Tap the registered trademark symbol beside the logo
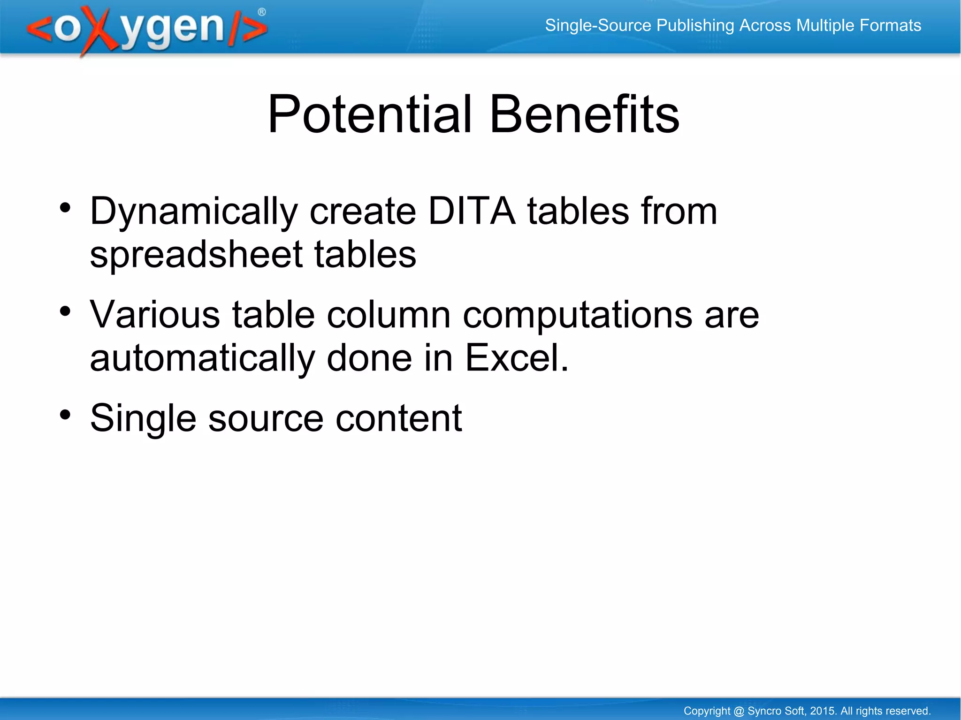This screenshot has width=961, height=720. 261,12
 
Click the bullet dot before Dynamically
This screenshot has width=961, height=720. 65,207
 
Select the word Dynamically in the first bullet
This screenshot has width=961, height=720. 194,212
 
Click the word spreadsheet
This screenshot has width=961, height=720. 196,255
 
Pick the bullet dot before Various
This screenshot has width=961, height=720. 65,311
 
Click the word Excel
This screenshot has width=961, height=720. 516,358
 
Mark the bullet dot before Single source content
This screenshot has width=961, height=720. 65,414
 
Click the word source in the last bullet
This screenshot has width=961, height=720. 266,418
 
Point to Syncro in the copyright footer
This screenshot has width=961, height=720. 763,711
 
